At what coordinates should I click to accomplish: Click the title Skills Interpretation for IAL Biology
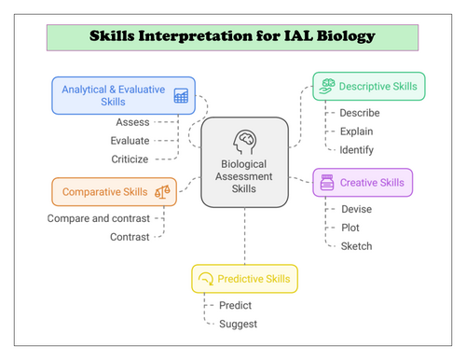pyautogui.click(x=232, y=37)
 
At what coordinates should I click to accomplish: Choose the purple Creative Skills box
pyautogui.click(x=363, y=182)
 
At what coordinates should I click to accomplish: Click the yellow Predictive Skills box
pyautogui.click(x=245, y=279)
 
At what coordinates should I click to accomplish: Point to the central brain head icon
pyautogui.click(x=245, y=140)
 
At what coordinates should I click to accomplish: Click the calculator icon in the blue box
pyautogui.click(x=181, y=95)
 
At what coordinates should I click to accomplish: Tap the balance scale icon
pyautogui.click(x=162, y=191)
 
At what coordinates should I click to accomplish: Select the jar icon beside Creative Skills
pyautogui.click(x=326, y=182)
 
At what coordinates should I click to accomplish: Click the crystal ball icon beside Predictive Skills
pyautogui.click(x=207, y=279)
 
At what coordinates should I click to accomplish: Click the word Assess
pyautogui.click(x=132, y=122)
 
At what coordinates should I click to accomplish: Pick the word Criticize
pyautogui.click(x=130, y=159)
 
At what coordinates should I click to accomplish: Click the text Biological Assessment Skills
pyautogui.click(x=245, y=173)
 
